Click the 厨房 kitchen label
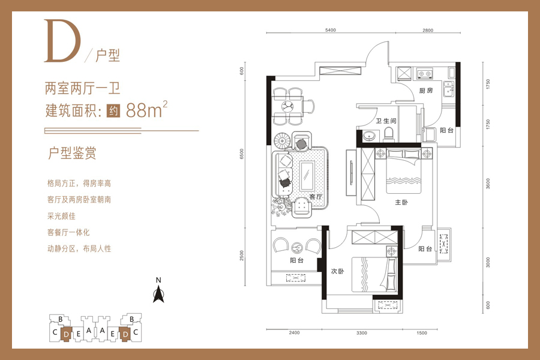tap(426, 91)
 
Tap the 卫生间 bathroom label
tap(386, 121)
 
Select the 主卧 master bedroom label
tap(401, 202)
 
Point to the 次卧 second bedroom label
tap(337, 271)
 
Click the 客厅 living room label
tap(316, 197)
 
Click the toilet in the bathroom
tap(388, 134)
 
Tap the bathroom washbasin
tap(369, 136)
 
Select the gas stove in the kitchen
tap(425, 73)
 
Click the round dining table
tap(288, 106)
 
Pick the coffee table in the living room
tap(307, 176)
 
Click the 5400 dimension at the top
tap(331, 30)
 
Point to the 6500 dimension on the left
tap(241, 154)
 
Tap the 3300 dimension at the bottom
tap(362, 333)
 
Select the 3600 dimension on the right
tap(488, 184)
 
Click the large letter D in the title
tap(62, 41)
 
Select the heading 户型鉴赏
tap(72, 154)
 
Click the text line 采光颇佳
tap(61, 216)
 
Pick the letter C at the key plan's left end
tap(55, 332)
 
